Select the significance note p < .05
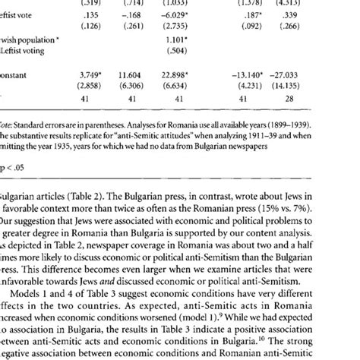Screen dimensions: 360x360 click(17, 184)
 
